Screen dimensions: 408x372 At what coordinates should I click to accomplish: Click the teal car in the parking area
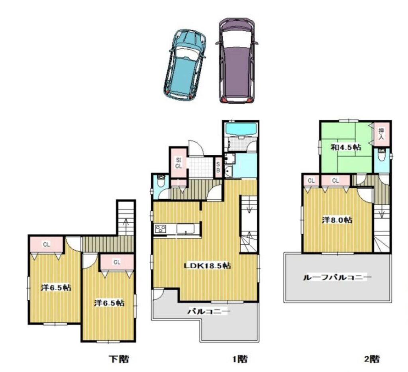184,65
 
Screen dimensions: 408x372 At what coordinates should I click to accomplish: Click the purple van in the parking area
237,61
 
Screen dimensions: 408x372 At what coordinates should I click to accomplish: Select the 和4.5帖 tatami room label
346,147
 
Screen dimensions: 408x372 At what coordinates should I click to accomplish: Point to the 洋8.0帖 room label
337,220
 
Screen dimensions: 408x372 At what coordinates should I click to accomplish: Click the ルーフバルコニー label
337,277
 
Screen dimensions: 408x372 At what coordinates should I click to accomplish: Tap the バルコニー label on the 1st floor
209,311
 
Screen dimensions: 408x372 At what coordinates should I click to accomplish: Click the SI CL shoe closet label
178,163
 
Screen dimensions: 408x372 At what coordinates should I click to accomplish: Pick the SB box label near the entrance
218,167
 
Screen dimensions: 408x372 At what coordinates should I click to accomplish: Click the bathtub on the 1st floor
241,129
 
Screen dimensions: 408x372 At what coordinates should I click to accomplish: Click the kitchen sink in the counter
186,229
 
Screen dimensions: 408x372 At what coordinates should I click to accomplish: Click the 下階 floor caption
119,359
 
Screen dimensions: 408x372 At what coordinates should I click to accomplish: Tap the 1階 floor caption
240,359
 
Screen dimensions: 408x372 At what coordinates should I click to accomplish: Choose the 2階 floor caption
371,359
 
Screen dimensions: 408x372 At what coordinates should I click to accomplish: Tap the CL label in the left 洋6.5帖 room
47,244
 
